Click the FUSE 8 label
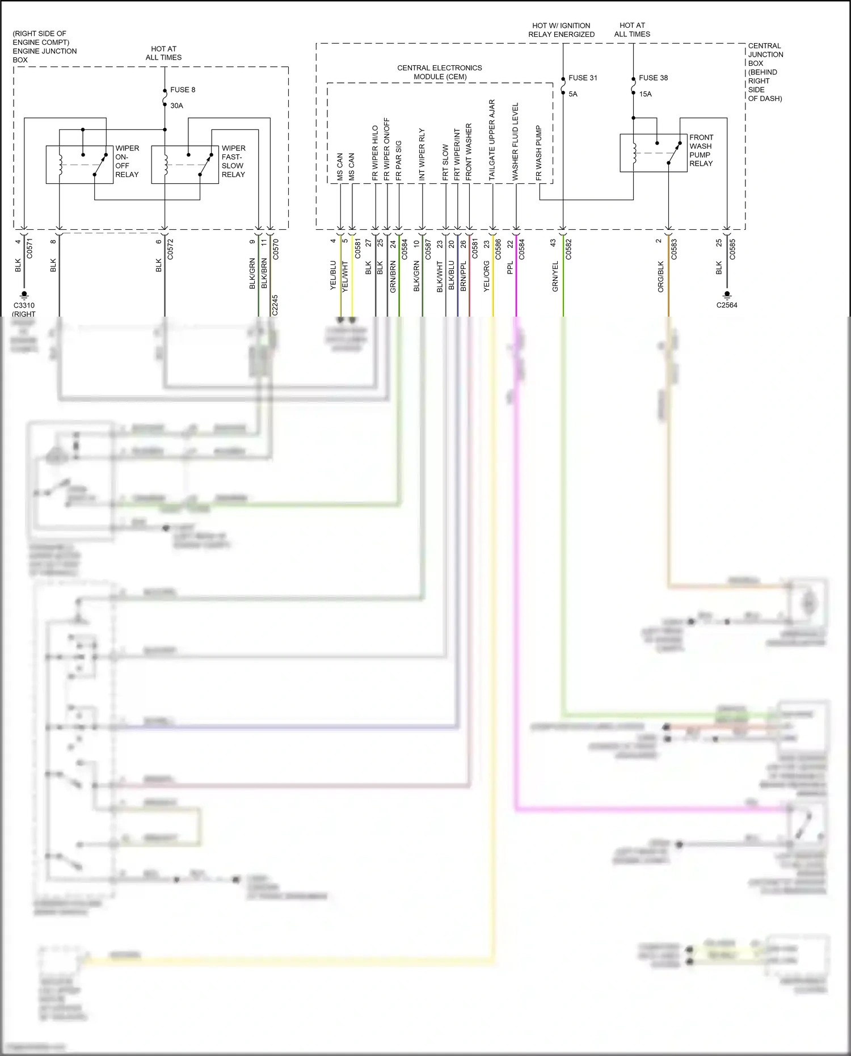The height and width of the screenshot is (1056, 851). pos(183,90)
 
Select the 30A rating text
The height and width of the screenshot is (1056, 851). pos(176,106)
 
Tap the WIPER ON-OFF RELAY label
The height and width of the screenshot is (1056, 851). pos(127,161)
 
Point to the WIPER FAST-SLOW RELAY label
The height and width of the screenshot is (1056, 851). pos(233,161)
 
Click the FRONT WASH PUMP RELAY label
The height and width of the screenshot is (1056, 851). pos(701,150)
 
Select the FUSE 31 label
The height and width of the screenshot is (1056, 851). pos(583,78)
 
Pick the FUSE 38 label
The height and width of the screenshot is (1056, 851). pos(653,78)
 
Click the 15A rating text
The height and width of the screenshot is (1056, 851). pos(645,94)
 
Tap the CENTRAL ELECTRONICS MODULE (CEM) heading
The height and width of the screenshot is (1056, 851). pos(440,72)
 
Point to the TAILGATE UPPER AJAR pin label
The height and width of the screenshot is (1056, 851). pos(492,140)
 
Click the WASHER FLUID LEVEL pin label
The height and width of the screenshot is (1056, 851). pos(515,142)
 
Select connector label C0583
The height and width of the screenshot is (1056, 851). pos(674,250)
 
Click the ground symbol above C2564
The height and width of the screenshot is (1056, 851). pos(727,295)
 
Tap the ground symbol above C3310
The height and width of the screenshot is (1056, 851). pos(24,295)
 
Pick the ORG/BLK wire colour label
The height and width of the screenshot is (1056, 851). pos(661,277)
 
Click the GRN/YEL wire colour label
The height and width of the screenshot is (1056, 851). pos(555,277)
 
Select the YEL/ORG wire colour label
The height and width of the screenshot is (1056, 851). pos(486,277)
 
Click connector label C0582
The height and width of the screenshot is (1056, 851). pos(568,250)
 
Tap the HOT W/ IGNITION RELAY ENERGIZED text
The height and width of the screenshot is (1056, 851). pos(561,30)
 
